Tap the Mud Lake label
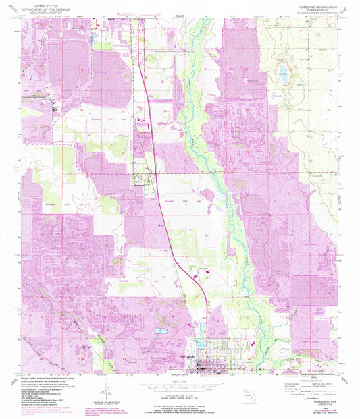tap(278, 96)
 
